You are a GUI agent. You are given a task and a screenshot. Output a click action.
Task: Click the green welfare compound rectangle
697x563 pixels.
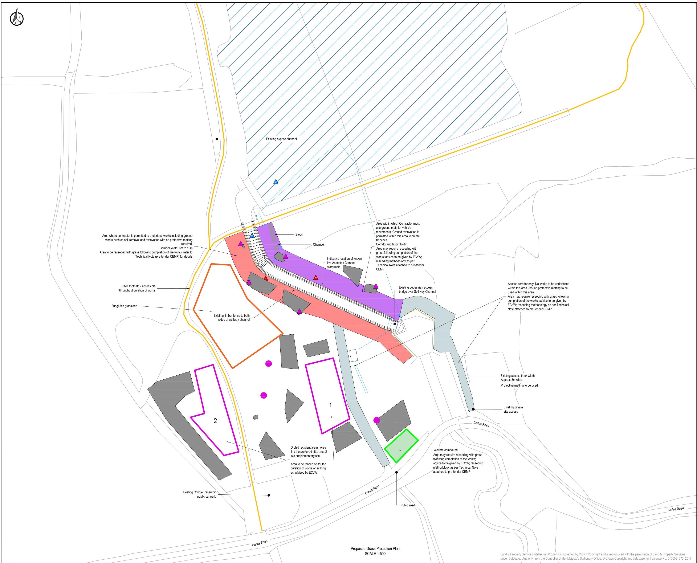coord(401,446)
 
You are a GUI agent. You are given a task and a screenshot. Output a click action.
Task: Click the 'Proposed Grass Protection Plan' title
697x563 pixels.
coord(375,549)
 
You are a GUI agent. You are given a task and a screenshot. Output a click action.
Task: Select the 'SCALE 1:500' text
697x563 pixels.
coord(375,554)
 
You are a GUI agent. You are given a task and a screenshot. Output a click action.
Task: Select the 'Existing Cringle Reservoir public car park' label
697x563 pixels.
coord(199,494)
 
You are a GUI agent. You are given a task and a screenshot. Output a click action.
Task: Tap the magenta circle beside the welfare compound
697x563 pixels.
coord(376,420)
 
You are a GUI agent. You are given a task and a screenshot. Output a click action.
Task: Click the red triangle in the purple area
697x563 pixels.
coord(315,278)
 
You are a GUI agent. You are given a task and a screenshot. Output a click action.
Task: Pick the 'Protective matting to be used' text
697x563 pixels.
coord(519,385)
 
